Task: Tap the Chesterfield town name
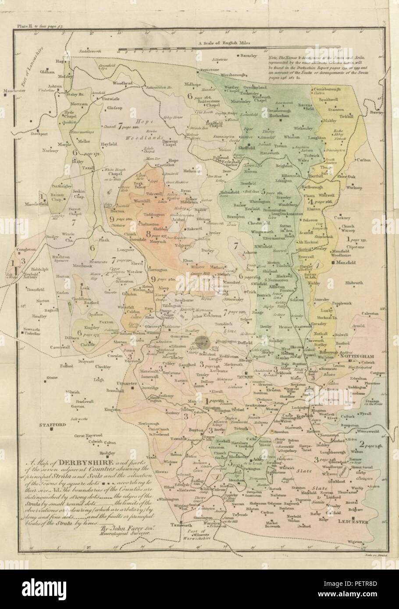(248, 223)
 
